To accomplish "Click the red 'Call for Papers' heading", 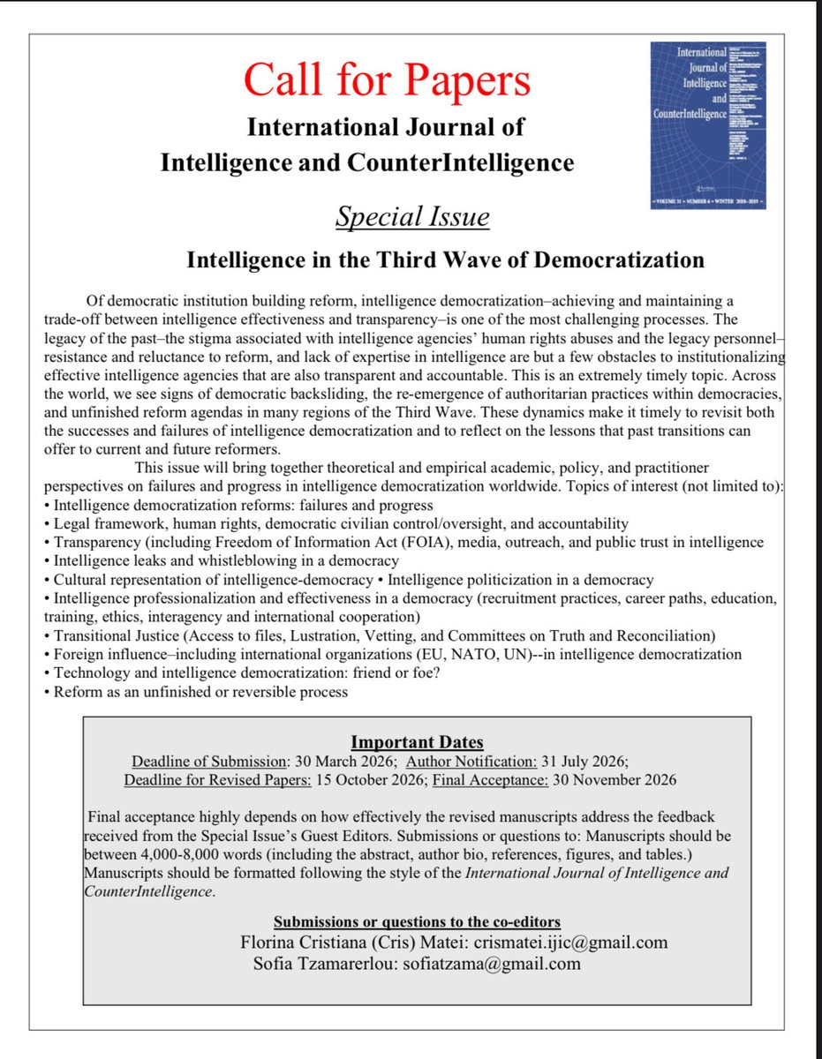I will pos(387,80).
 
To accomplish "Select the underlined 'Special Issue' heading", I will pos(411,216).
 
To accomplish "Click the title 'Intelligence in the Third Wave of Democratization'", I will pos(445,260).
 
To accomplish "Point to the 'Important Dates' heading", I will pos(417,742).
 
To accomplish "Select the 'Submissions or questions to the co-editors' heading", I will pos(416,922).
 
